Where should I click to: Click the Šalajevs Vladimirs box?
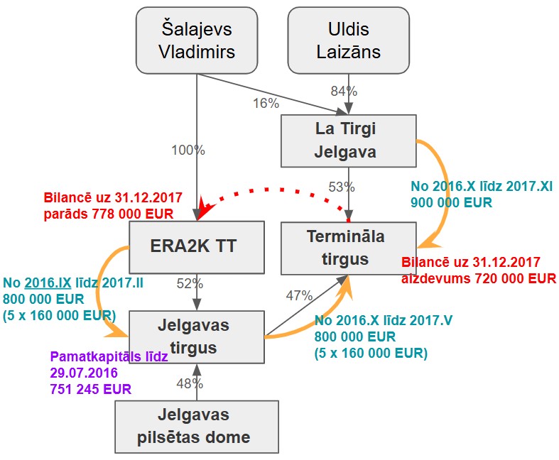point(196,40)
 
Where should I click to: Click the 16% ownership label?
point(266,103)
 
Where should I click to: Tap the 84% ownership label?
point(344,92)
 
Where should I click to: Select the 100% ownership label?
point(188,150)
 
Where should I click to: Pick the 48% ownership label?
point(190,383)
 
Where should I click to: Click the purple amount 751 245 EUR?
point(89,388)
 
